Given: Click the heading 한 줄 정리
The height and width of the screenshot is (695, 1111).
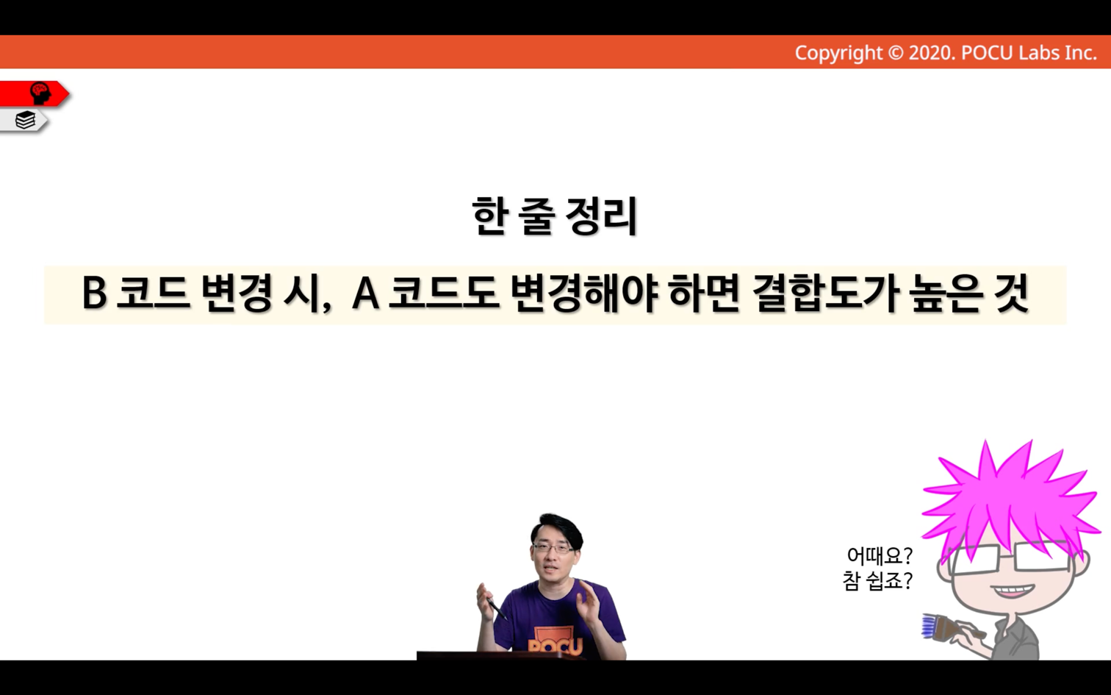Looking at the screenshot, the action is pyautogui.click(x=555, y=216).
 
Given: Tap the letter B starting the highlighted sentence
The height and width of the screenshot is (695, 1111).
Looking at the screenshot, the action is pyautogui.click(x=94, y=293).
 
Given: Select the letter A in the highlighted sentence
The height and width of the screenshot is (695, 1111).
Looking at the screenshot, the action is pyautogui.click(x=365, y=293).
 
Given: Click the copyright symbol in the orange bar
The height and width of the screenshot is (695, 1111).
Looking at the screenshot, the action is pyautogui.click(x=896, y=53).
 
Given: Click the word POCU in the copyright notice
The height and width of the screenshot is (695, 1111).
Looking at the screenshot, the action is pyautogui.click(x=987, y=53).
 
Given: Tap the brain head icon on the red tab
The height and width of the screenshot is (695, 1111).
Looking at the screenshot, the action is pyautogui.click(x=40, y=93).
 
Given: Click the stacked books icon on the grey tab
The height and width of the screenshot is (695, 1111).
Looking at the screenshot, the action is pyautogui.click(x=25, y=120).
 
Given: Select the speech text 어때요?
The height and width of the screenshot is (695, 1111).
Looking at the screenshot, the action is pyautogui.click(x=880, y=555).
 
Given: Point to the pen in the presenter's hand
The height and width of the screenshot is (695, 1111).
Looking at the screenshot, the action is pyautogui.click(x=496, y=609).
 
